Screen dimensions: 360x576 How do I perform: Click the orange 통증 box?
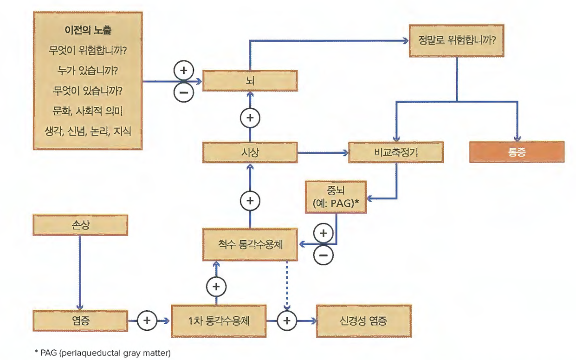tap(517, 152)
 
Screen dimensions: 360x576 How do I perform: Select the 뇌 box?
tap(250, 81)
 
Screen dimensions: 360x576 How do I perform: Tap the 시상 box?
tap(250, 152)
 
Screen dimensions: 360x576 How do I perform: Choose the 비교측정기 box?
tap(396, 152)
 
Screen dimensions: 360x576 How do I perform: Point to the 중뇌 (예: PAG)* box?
tap(335, 197)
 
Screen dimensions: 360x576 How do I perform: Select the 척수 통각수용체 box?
tap(250, 244)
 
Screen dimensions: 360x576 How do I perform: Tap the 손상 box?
tap(80, 225)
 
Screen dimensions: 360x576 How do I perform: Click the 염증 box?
tap(80, 321)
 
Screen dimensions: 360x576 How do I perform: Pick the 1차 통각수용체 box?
tap(218, 321)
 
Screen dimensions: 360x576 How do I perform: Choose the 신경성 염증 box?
tap(363, 321)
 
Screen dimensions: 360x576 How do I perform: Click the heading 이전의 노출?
tap(88, 32)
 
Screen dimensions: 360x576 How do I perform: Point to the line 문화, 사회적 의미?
tap(88, 111)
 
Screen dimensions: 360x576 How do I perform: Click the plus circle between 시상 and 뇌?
tap(250, 118)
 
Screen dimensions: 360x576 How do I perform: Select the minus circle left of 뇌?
tap(184, 92)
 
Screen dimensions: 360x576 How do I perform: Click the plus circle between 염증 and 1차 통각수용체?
tap(147, 321)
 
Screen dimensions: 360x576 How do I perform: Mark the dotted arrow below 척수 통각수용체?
tap(287, 283)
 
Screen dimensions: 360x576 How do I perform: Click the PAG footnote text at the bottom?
tap(103, 353)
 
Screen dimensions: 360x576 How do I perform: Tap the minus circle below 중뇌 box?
tap(324, 255)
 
